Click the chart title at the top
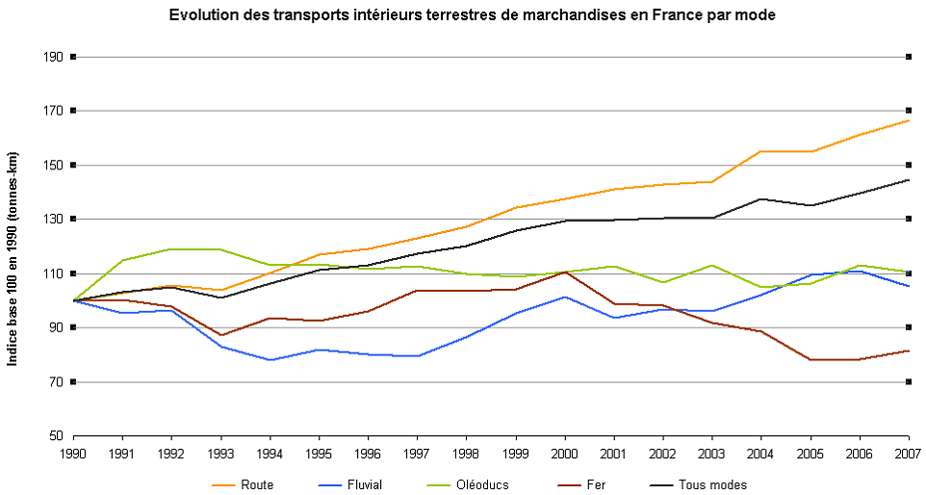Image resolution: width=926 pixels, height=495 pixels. click(472, 15)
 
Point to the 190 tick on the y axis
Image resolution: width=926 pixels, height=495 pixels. click(54, 57)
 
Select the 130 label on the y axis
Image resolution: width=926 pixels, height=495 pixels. click(54, 220)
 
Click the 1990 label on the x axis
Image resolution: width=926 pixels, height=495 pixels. click(73, 452)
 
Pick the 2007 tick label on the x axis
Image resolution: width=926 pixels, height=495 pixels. click(908, 452)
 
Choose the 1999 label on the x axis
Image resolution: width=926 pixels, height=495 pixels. click(515, 452)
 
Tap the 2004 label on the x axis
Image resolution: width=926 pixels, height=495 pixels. click(760, 452)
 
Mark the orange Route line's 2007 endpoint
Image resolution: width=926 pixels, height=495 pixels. click(909, 120)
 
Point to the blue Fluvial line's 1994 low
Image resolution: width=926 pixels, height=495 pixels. click(270, 360)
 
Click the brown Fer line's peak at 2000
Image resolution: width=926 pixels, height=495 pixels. click(564, 272)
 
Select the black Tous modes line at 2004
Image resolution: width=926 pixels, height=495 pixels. click(760, 199)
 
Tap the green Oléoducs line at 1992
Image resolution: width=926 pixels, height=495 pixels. click(171, 249)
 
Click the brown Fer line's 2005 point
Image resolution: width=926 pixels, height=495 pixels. click(810, 360)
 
